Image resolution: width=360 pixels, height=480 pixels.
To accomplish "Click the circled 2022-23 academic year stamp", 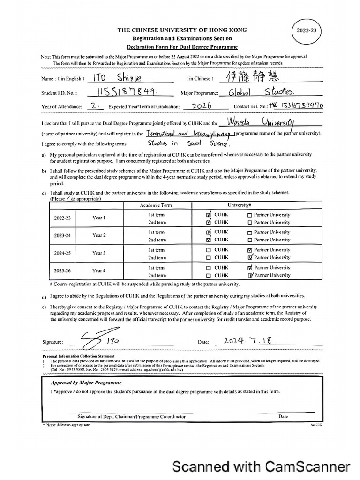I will click(307, 30).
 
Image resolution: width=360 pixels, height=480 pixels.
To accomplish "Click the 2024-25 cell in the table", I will click(62, 253).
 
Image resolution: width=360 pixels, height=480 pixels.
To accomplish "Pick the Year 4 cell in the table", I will click(99, 270).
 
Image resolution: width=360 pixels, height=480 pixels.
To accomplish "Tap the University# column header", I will click(240, 206).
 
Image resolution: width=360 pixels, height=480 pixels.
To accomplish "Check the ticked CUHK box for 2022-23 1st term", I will click(209, 215).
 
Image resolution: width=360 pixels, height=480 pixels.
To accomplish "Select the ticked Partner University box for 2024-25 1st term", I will click(250, 250).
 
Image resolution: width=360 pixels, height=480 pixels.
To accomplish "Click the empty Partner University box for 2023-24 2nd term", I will click(249, 240).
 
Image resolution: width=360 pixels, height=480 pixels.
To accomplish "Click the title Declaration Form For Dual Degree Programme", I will click(182, 47).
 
